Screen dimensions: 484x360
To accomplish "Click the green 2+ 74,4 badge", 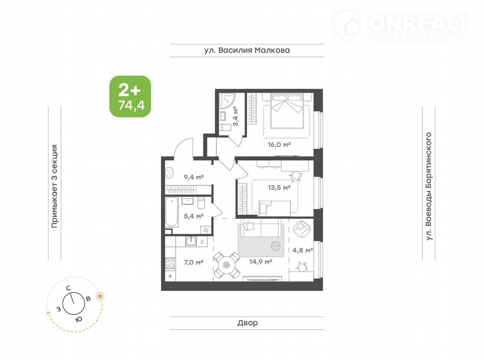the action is (x=130, y=96).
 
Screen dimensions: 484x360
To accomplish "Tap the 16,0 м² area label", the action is (x=279, y=144).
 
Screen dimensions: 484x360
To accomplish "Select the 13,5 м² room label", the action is (x=279, y=188).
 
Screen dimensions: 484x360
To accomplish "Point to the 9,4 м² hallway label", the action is (x=194, y=177).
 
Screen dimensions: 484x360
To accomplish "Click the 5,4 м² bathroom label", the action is (x=194, y=216).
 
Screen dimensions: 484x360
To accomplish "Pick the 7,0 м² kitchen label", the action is (x=194, y=262).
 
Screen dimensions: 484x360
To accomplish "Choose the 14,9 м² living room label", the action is (x=260, y=261).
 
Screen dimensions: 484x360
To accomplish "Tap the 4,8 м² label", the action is (x=302, y=250).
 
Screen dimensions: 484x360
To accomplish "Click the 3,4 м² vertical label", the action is (x=236, y=116).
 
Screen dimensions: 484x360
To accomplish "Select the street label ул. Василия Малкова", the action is (x=247, y=50).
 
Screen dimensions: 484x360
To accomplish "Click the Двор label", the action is (x=247, y=323).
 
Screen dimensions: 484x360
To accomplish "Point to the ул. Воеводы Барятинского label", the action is (x=429, y=186).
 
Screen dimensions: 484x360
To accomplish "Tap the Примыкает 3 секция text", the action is (x=54, y=186).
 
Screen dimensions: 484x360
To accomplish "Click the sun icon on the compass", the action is (x=100, y=296).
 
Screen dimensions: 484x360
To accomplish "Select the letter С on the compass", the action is (x=68, y=288).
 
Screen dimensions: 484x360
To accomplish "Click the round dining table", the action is (x=227, y=265).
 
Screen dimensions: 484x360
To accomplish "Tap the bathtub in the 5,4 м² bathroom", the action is (x=171, y=212).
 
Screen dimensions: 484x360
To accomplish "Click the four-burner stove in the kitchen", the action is (x=170, y=263).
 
